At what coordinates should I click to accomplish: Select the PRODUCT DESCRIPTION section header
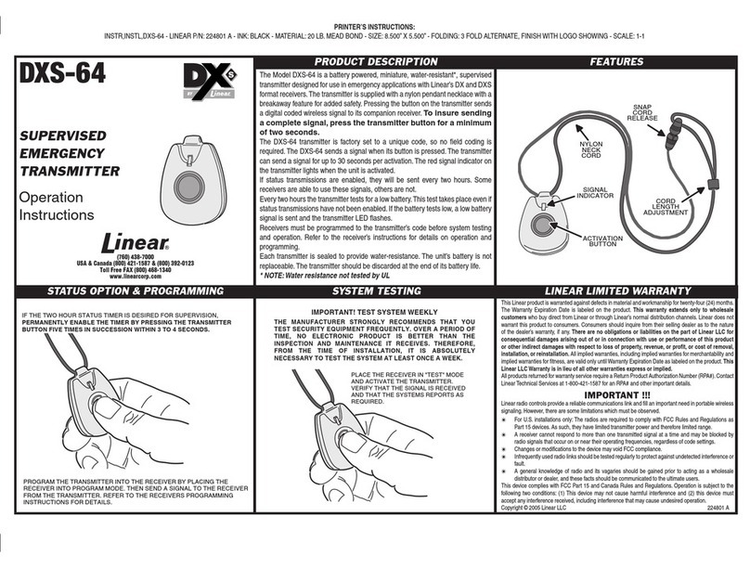(x=372, y=60)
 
